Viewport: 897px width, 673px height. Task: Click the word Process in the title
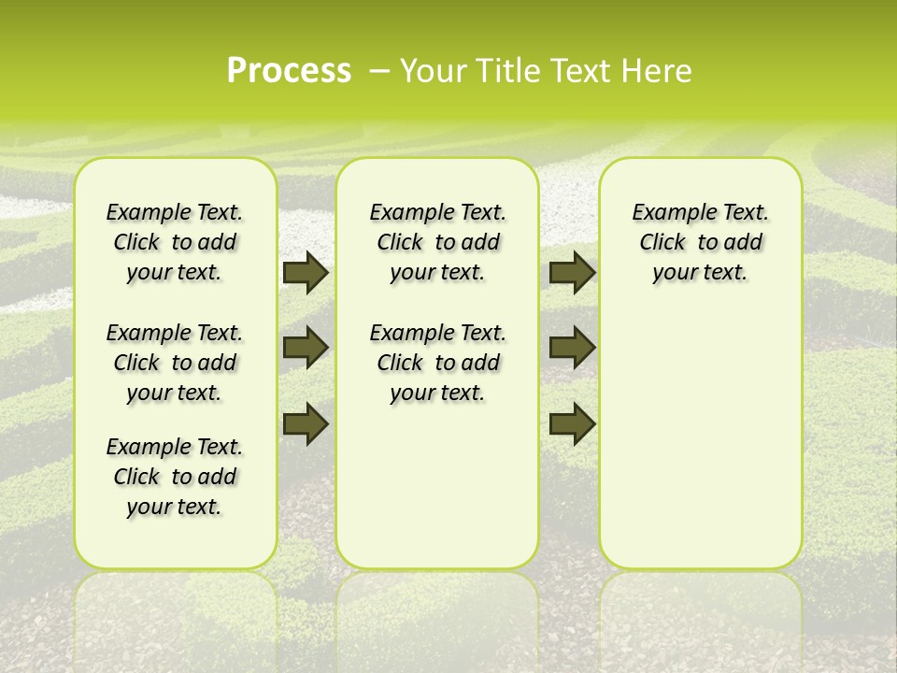click(x=289, y=71)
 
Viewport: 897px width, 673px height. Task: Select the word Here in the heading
click(x=658, y=71)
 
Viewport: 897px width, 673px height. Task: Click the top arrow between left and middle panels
click(x=306, y=272)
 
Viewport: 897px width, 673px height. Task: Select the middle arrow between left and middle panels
click(x=306, y=348)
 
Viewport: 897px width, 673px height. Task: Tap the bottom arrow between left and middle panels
click(x=306, y=423)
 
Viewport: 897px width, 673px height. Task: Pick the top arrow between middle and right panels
click(x=573, y=272)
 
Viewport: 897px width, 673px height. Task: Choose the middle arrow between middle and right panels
click(x=573, y=348)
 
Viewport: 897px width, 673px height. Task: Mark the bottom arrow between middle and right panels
click(x=573, y=423)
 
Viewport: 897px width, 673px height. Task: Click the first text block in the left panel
click(x=175, y=242)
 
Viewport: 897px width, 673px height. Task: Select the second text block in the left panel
click(x=175, y=363)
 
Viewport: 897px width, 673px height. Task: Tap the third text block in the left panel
click(x=175, y=477)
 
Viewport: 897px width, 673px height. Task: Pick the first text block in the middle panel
click(x=437, y=242)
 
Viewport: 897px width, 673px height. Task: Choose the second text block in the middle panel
click(x=437, y=363)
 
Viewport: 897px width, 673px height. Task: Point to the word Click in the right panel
click(x=662, y=243)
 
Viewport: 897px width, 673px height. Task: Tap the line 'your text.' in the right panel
click(x=700, y=273)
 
